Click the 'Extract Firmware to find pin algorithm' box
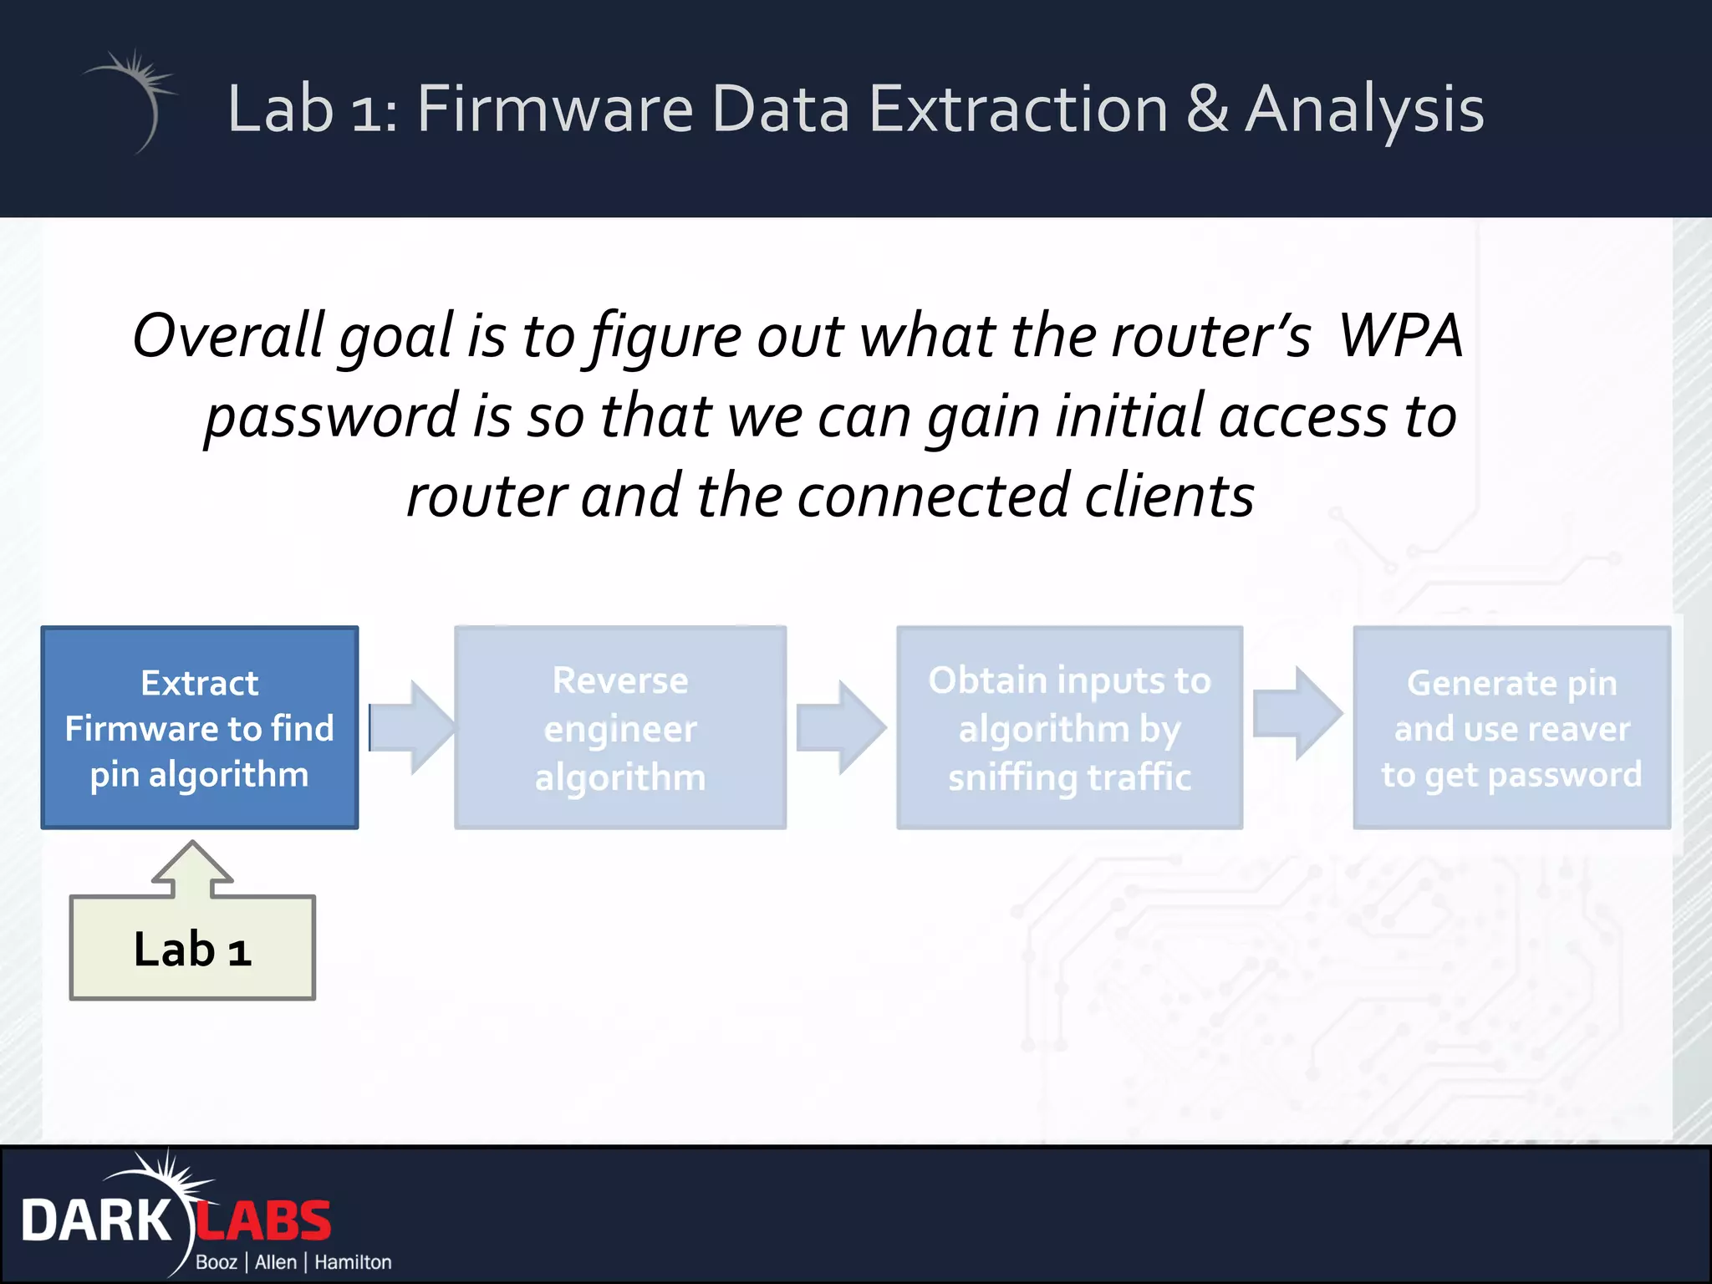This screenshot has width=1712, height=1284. [x=200, y=727]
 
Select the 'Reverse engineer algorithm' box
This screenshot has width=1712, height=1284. [x=619, y=727]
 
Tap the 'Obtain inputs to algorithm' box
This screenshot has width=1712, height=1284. [x=1069, y=727]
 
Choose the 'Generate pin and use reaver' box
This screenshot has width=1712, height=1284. [x=1511, y=727]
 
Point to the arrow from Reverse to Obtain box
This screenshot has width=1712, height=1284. [x=839, y=726]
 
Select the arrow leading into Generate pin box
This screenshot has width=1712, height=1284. [x=1297, y=713]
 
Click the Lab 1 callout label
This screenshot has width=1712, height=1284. [x=192, y=950]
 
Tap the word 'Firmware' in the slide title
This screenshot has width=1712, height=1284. [x=555, y=109]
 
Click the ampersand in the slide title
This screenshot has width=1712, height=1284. [x=1207, y=109]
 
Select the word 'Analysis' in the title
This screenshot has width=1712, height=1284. [x=1364, y=109]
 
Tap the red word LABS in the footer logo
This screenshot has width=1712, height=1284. [x=263, y=1221]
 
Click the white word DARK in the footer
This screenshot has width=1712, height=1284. [x=96, y=1221]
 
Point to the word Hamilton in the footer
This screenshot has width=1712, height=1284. [x=352, y=1262]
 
